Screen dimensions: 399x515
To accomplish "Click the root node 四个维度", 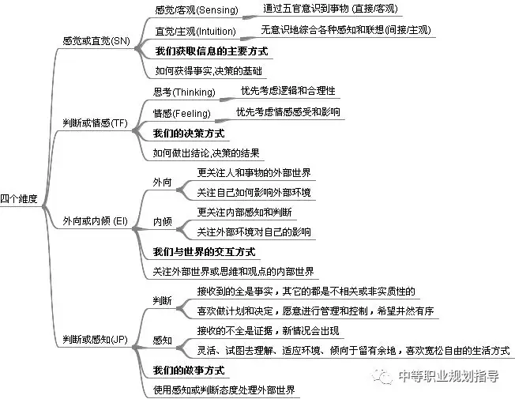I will point(20,198).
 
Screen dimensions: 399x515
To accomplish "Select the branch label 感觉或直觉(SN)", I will point(95,40).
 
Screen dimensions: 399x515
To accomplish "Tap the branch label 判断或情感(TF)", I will point(95,123).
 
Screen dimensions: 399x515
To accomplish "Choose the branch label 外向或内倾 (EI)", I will point(95,222).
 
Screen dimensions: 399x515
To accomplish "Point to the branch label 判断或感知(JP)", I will point(95,340).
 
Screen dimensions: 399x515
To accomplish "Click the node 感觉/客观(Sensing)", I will point(193,11).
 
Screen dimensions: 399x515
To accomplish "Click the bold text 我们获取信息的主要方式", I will point(210,51).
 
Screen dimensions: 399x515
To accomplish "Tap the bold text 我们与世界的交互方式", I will point(204,252).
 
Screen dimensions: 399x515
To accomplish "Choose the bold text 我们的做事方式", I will point(189,370).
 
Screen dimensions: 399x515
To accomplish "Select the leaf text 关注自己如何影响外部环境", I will point(254,193).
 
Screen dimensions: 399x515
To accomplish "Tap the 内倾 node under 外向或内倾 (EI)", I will point(162,222).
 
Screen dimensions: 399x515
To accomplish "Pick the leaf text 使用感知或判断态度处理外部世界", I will point(224,390).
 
